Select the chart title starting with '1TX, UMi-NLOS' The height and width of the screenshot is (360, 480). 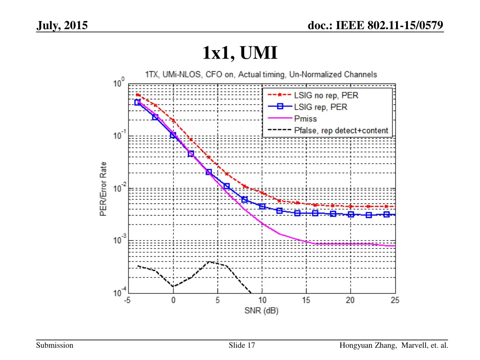(x=260, y=74)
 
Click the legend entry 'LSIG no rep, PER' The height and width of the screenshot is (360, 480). (x=326, y=95)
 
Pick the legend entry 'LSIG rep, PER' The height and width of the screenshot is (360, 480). (x=321, y=107)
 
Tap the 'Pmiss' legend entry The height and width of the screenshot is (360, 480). (x=306, y=119)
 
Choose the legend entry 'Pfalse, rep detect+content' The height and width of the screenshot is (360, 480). (x=341, y=130)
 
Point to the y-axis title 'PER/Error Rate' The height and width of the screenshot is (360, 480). (x=103, y=189)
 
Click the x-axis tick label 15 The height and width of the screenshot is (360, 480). (x=306, y=300)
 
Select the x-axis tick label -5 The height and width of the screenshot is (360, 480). (x=127, y=300)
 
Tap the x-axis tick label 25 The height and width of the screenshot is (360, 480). (x=395, y=300)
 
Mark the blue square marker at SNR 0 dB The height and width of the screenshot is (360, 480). (x=173, y=135)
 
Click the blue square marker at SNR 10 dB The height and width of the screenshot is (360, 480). (x=262, y=206)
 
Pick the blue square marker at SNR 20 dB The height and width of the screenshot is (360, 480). (x=351, y=214)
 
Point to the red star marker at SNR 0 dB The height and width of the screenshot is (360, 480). (x=173, y=120)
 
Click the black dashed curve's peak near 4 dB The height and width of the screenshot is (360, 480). (x=209, y=262)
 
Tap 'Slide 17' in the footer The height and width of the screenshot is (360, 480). (x=242, y=345)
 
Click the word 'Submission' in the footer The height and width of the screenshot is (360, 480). (x=55, y=345)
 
